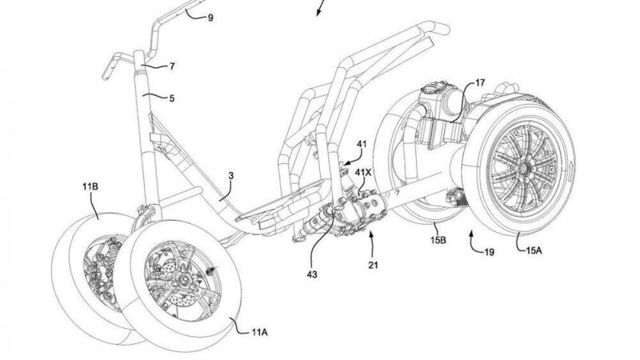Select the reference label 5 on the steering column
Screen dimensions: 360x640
(171, 98)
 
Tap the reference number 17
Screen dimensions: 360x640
(480, 81)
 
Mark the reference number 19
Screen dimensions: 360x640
(489, 253)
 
